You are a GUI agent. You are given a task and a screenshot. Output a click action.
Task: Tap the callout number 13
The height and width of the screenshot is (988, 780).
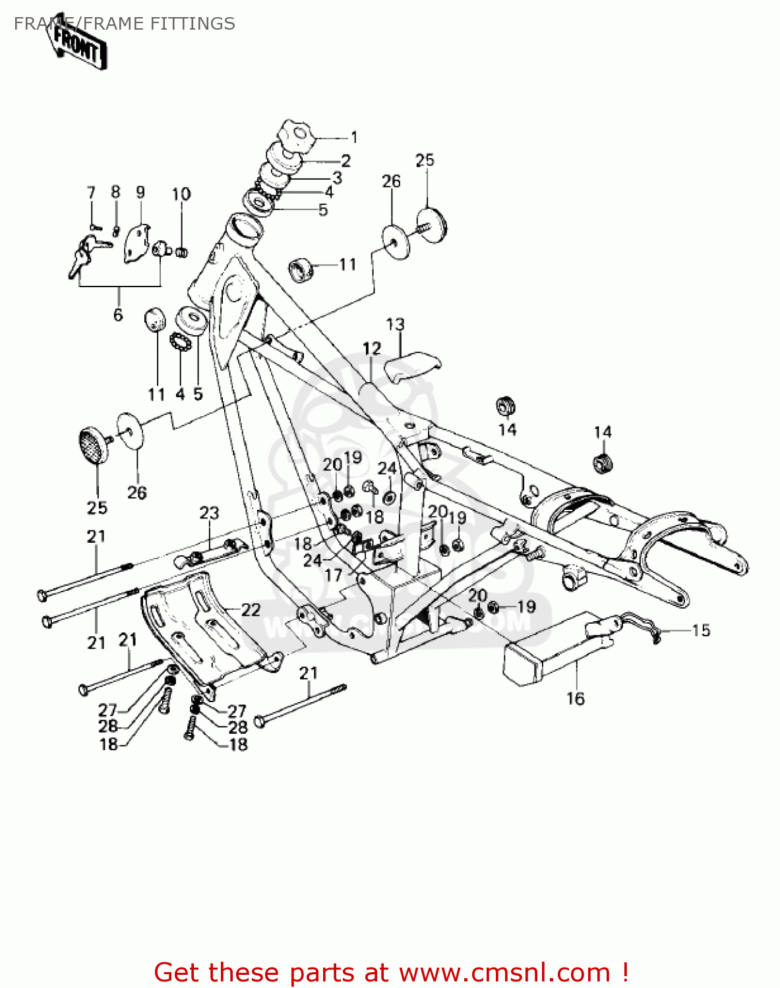coord(395,324)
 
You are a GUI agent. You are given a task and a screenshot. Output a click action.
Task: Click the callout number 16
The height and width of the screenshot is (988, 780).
coord(575,698)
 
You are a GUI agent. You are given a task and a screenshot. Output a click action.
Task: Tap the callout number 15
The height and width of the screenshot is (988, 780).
coord(701,630)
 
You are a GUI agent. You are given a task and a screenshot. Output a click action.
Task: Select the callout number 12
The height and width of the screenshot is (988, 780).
coord(372,348)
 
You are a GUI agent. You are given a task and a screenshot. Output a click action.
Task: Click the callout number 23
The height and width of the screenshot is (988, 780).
coord(209,512)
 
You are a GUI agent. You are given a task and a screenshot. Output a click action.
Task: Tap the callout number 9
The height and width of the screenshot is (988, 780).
coord(140,192)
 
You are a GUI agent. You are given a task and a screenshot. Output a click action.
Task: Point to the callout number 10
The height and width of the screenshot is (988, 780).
coord(181,194)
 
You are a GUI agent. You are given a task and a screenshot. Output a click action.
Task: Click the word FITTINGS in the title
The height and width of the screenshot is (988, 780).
coord(192,24)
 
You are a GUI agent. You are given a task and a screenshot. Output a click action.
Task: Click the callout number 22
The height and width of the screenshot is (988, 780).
coord(251,610)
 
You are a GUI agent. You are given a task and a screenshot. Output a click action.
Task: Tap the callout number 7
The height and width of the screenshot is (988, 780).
coord(91,192)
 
